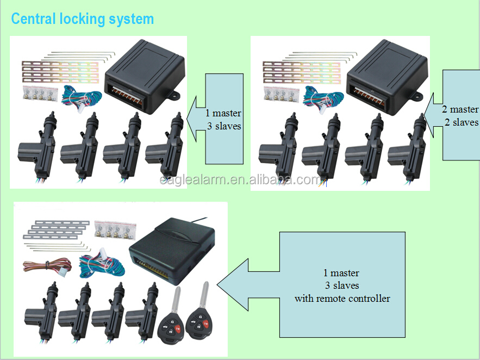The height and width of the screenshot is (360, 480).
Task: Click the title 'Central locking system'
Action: pos(83,19)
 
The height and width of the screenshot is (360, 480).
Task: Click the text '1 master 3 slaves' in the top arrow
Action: pos(223,120)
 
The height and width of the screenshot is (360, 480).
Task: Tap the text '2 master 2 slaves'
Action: pos(460,116)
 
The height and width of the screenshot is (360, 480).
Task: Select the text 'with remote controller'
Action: pos(342,298)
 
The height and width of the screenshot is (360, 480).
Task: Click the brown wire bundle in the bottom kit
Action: pos(43,266)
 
